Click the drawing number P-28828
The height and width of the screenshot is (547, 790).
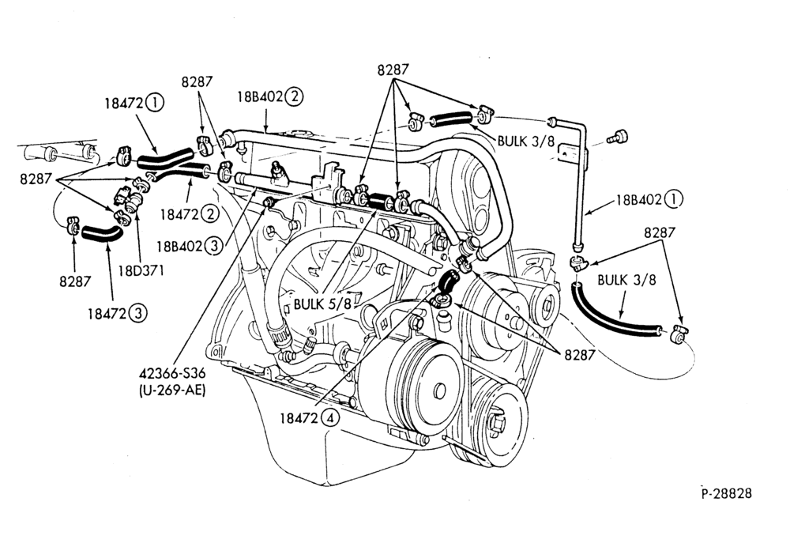click(x=727, y=492)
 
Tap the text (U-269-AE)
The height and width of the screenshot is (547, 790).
click(x=171, y=390)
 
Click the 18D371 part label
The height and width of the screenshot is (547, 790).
click(x=141, y=270)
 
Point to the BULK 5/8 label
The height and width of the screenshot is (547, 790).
click(x=322, y=304)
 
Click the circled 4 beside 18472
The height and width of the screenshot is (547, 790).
click(x=330, y=418)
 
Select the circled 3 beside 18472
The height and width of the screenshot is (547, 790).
click(x=137, y=314)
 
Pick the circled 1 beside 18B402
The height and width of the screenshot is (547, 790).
click(x=673, y=200)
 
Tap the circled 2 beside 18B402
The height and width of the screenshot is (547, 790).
click(x=294, y=96)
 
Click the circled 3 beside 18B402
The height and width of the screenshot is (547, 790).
click(x=213, y=246)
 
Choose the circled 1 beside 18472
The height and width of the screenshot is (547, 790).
click(x=155, y=104)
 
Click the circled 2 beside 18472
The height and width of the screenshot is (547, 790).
click(x=210, y=214)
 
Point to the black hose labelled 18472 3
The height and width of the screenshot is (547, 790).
click(x=102, y=233)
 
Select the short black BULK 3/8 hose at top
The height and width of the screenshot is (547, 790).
click(x=451, y=119)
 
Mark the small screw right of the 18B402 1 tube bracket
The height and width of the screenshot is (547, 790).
click(x=617, y=136)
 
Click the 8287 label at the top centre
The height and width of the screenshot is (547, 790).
click(x=393, y=70)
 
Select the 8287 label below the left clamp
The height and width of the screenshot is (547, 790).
click(x=74, y=281)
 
